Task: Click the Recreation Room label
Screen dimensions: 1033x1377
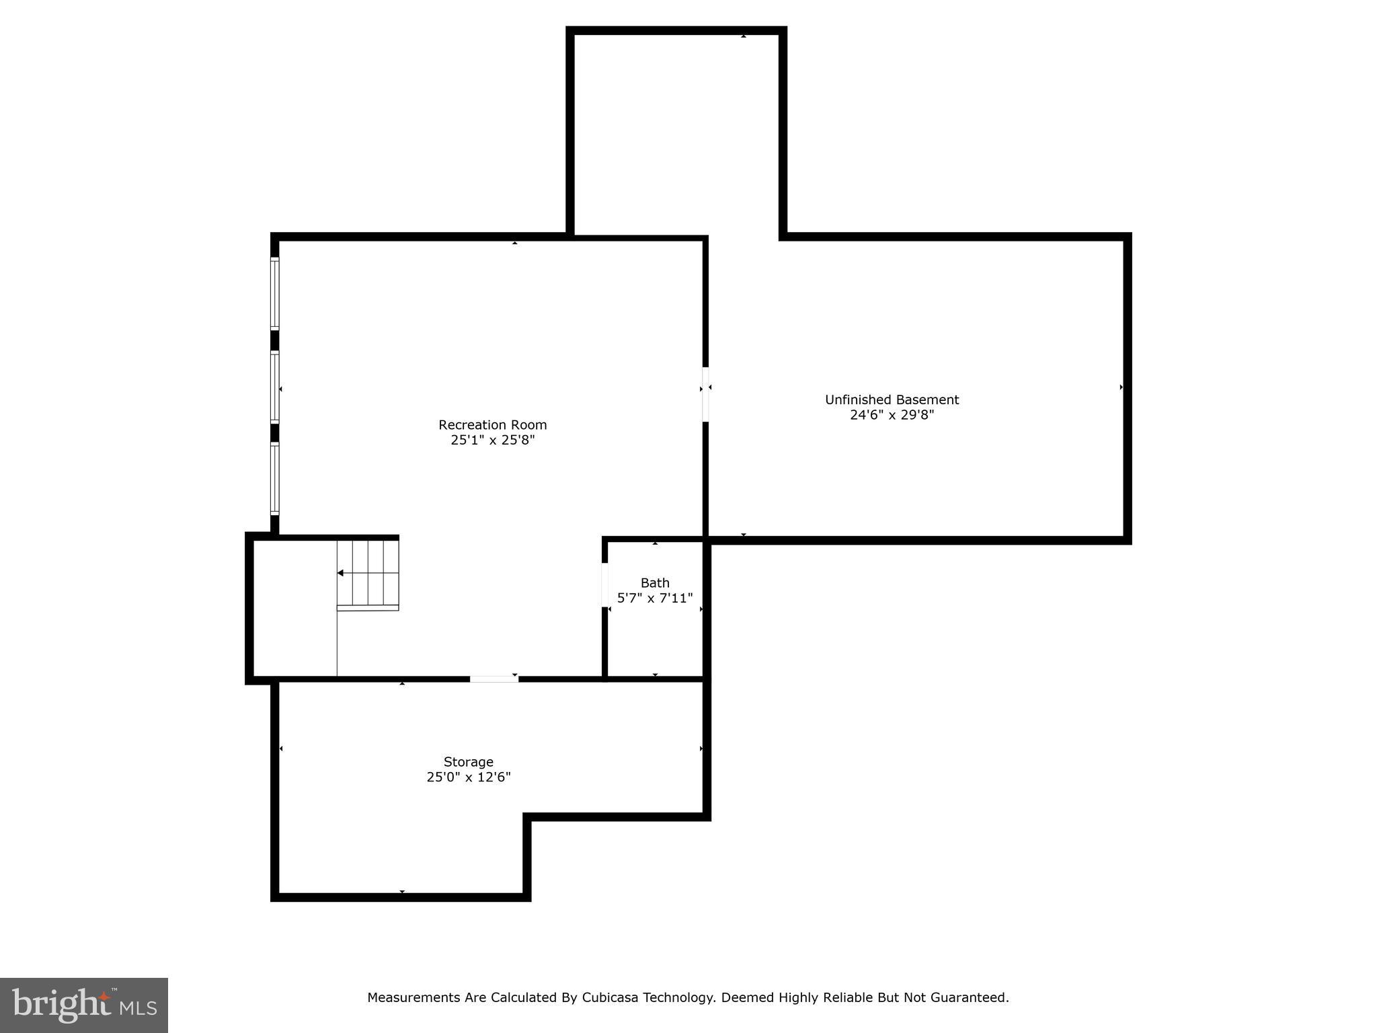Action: [x=492, y=425]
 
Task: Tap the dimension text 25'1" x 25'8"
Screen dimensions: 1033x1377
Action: [x=492, y=441]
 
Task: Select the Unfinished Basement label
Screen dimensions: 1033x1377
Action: [x=892, y=399]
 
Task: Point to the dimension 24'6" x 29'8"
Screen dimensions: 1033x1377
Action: [x=892, y=415]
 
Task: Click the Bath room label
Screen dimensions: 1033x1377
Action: [x=654, y=583]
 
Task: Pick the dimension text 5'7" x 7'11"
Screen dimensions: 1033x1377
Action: [x=654, y=598]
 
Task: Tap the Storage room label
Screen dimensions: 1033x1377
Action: [x=468, y=762]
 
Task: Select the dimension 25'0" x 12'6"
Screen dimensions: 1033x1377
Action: [x=468, y=777]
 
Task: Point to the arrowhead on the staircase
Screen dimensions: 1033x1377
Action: [x=341, y=573]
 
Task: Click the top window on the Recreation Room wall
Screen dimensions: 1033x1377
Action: [x=274, y=294]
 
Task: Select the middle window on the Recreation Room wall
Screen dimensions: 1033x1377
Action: [x=274, y=387]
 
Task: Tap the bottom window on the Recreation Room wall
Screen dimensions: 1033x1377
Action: [x=274, y=478]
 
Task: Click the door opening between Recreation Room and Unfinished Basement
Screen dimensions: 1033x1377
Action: [x=705, y=394]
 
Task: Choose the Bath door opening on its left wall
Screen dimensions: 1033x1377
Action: [x=604, y=584]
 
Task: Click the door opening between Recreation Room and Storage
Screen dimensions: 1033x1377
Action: [x=494, y=679]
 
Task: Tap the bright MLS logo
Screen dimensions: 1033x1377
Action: [x=83, y=1005]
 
